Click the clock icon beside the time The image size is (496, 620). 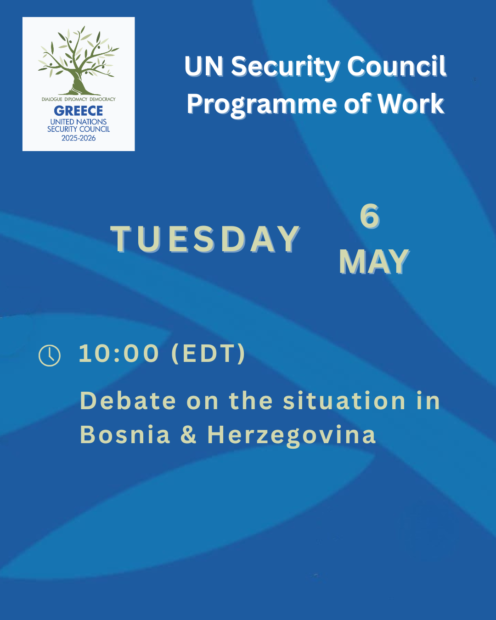pos(50,355)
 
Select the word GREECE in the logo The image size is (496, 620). pos(79,111)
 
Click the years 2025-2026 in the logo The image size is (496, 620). pos(79,138)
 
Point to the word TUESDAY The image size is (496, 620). pos(205,239)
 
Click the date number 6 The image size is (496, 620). pos(370,216)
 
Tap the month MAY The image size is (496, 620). pos(374,262)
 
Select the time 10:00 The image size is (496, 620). pos(119,354)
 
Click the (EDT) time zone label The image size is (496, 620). pos(208,354)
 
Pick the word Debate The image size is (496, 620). pos(128,401)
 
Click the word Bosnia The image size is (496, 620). pos(125,434)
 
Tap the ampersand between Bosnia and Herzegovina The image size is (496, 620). pos(188,434)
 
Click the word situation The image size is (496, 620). pos(344,401)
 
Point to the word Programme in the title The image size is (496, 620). pos(262,105)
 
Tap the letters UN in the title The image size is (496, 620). pos(204,66)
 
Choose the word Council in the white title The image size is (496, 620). pos(396,66)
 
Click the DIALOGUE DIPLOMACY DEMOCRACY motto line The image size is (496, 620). pos(79,99)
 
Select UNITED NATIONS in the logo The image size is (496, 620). pos(79,122)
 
